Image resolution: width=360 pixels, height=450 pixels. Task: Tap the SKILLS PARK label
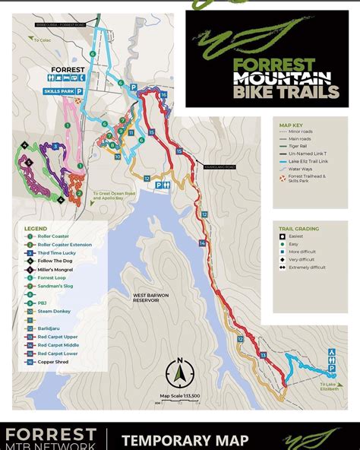click(58, 90)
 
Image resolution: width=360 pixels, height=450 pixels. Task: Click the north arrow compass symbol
click(180, 372)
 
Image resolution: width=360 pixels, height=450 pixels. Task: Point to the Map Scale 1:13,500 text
click(180, 396)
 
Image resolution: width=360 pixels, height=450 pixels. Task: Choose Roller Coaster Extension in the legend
click(65, 245)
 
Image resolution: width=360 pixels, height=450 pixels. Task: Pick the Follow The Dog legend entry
click(54, 261)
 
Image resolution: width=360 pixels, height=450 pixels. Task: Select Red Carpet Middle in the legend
click(58, 344)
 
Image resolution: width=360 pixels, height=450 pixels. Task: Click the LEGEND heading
click(35, 228)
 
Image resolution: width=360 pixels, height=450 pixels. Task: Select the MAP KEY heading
click(292, 124)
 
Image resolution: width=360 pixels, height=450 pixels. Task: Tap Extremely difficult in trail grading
click(308, 268)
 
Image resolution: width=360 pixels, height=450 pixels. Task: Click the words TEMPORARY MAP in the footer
click(185, 440)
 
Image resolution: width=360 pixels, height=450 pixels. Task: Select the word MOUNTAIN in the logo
click(281, 78)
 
